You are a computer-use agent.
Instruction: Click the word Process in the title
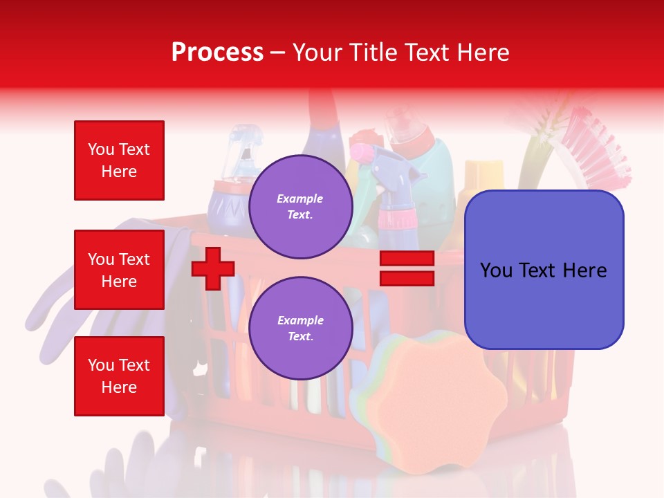(217, 53)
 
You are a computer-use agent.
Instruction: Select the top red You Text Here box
(119, 160)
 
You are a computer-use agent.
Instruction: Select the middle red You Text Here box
(119, 270)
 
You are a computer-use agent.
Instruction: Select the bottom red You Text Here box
(119, 376)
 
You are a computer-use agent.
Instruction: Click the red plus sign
(213, 268)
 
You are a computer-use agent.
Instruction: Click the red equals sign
(407, 268)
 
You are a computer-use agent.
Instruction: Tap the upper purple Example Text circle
(301, 207)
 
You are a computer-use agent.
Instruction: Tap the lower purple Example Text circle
(301, 329)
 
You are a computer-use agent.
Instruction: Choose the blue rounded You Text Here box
(544, 270)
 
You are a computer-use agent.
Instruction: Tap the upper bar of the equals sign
(407, 259)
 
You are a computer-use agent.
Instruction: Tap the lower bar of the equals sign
(407, 278)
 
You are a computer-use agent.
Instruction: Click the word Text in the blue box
(542, 270)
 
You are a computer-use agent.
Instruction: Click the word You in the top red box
(101, 149)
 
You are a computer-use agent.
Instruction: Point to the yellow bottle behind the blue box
(483, 177)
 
